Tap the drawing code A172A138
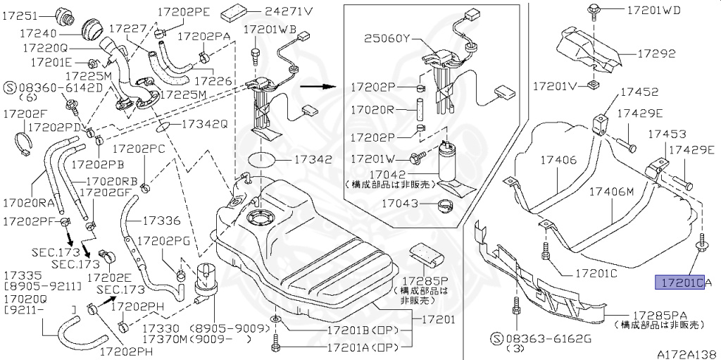point(687,354)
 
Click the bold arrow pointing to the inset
point(316,87)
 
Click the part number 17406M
point(611,191)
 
